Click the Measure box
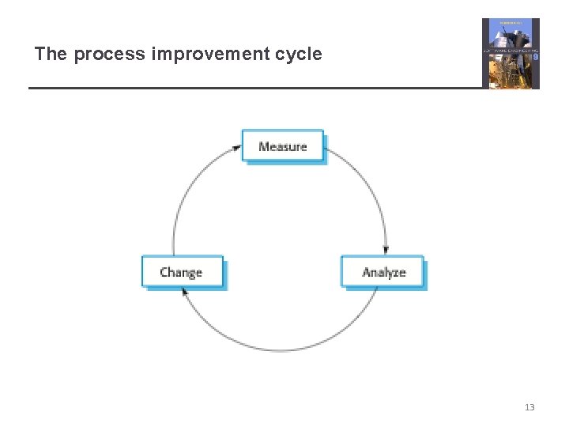[x=282, y=146]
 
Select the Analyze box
[x=382, y=272]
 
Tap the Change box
[x=182, y=272]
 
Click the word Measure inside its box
[x=282, y=146]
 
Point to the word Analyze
[x=383, y=272]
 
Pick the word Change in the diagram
[x=181, y=272]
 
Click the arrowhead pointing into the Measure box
[x=237, y=147]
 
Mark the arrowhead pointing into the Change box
[x=185, y=292]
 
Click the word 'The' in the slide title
[x=51, y=55]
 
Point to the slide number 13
[x=529, y=407]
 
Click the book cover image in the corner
[x=511, y=54]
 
